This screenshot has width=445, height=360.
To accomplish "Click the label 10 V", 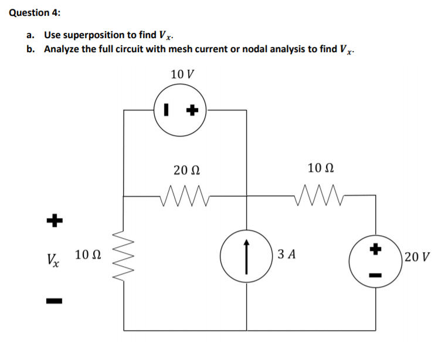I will [x=183, y=74].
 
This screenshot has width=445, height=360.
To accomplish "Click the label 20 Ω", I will [x=187, y=169].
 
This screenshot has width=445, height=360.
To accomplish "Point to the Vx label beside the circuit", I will [x=54, y=257].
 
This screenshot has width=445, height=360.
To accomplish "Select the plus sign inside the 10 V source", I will [x=192, y=110].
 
